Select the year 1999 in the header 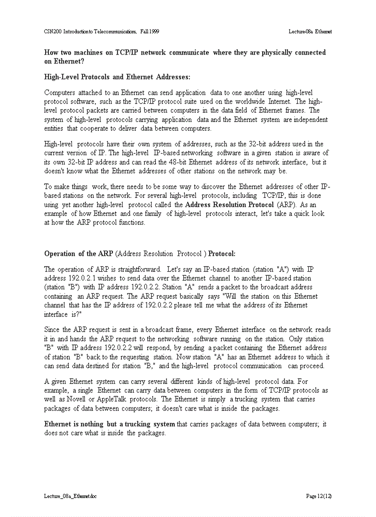click(154, 31)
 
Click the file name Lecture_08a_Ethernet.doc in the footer click(70, 496)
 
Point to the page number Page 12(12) click(319, 496)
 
